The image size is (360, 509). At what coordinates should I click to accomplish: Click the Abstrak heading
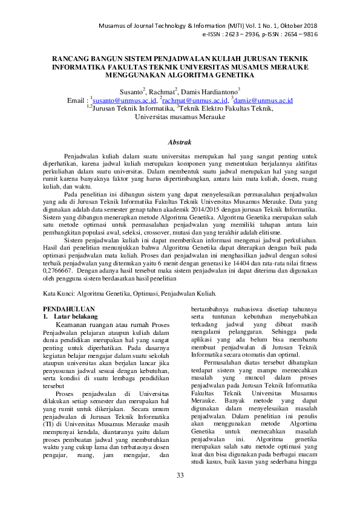point(180,143)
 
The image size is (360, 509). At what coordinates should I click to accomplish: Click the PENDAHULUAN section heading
point(67,308)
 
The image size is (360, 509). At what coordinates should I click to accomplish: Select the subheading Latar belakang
point(74,316)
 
